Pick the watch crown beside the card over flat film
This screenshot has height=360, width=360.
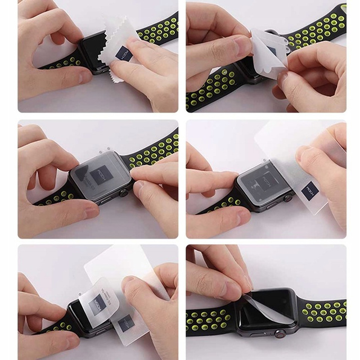pyautogui.click(x=289, y=198)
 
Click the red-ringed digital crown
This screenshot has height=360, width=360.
pyautogui.click(x=277, y=335)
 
